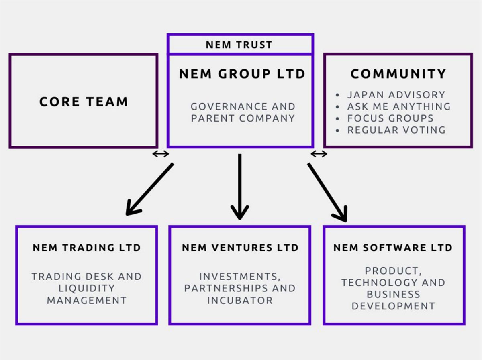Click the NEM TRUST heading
[x=239, y=45]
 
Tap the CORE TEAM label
[x=84, y=102]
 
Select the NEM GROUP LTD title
[x=242, y=74]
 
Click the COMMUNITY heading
[x=398, y=74]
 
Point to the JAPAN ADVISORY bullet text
[x=396, y=95]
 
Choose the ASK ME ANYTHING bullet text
[x=399, y=106]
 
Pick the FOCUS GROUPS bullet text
[x=390, y=118]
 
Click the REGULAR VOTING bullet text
[x=396, y=130]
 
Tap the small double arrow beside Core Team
[x=161, y=154]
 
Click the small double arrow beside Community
[x=319, y=154]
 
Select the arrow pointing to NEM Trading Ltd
[x=149, y=189]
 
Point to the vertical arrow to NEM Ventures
[x=240, y=187]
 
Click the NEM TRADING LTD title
[x=86, y=248]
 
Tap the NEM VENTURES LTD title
[x=240, y=248]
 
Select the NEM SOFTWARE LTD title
[x=393, y=248]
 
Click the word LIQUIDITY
[x=87, y=288]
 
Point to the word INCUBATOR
[x=240, y=300]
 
